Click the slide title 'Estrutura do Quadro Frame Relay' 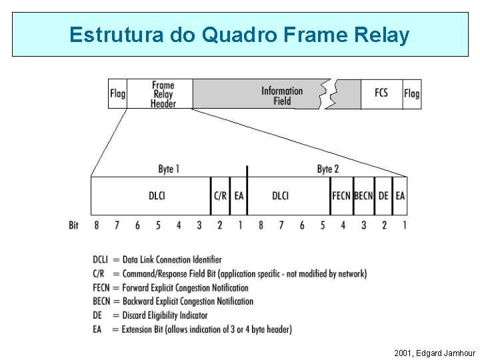[x=239, y=35]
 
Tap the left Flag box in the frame [x=117, y=94]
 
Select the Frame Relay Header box [x=163, y=94]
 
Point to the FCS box [x=381, y=94]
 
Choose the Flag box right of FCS [x=412, y=94]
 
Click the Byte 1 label [x=169, y=169]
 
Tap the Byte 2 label [x=328, y=169]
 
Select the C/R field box [x=221, y=196]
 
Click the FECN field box [x=341, y=196]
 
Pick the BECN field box [x=363, y=196]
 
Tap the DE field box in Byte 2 [x=383, y=196]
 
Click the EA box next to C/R [x=239, y=196]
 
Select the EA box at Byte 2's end [x=400, y=196]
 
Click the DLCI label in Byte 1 [x=157, y=196]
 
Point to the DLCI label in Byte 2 [x=281, y=196]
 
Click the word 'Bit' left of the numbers [x=73, y=225]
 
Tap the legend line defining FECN [x=171, y=288]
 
